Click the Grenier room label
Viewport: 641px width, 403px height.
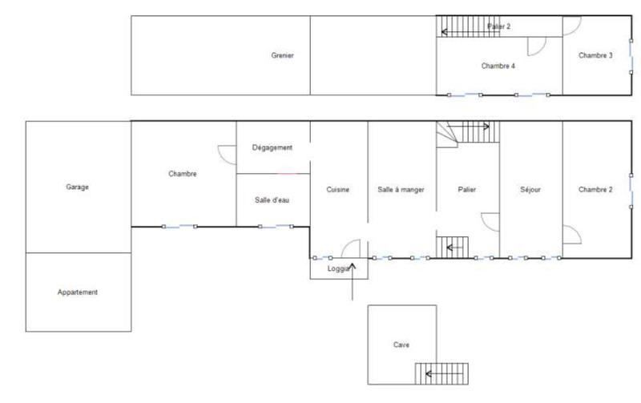[x=283, y=55]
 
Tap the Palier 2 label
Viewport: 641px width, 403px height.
[x=498, y=26]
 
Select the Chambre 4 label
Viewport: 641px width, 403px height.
[x=498, y=66]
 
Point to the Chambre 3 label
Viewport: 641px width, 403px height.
[x=595, y=55]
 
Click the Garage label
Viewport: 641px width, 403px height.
[x=78, y=187]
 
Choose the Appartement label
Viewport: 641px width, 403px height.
[x=78, y=292]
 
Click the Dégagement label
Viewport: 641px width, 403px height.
[x=272, y=147]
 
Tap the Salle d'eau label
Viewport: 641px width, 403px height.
[x=272, y=199]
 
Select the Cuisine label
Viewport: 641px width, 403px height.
[x=338, y=190]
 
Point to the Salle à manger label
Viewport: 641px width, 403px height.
[x=401, y=190]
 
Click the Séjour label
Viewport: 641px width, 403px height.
[x=530, y=190]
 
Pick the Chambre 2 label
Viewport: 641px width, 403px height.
[x=595, y=190]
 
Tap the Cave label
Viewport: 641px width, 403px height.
[x=401, y=345]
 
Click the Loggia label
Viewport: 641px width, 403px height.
[x=338, y=269]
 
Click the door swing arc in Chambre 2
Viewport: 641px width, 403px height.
[x=572, y=235]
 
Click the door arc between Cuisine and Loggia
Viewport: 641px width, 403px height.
[x=353, y=248]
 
